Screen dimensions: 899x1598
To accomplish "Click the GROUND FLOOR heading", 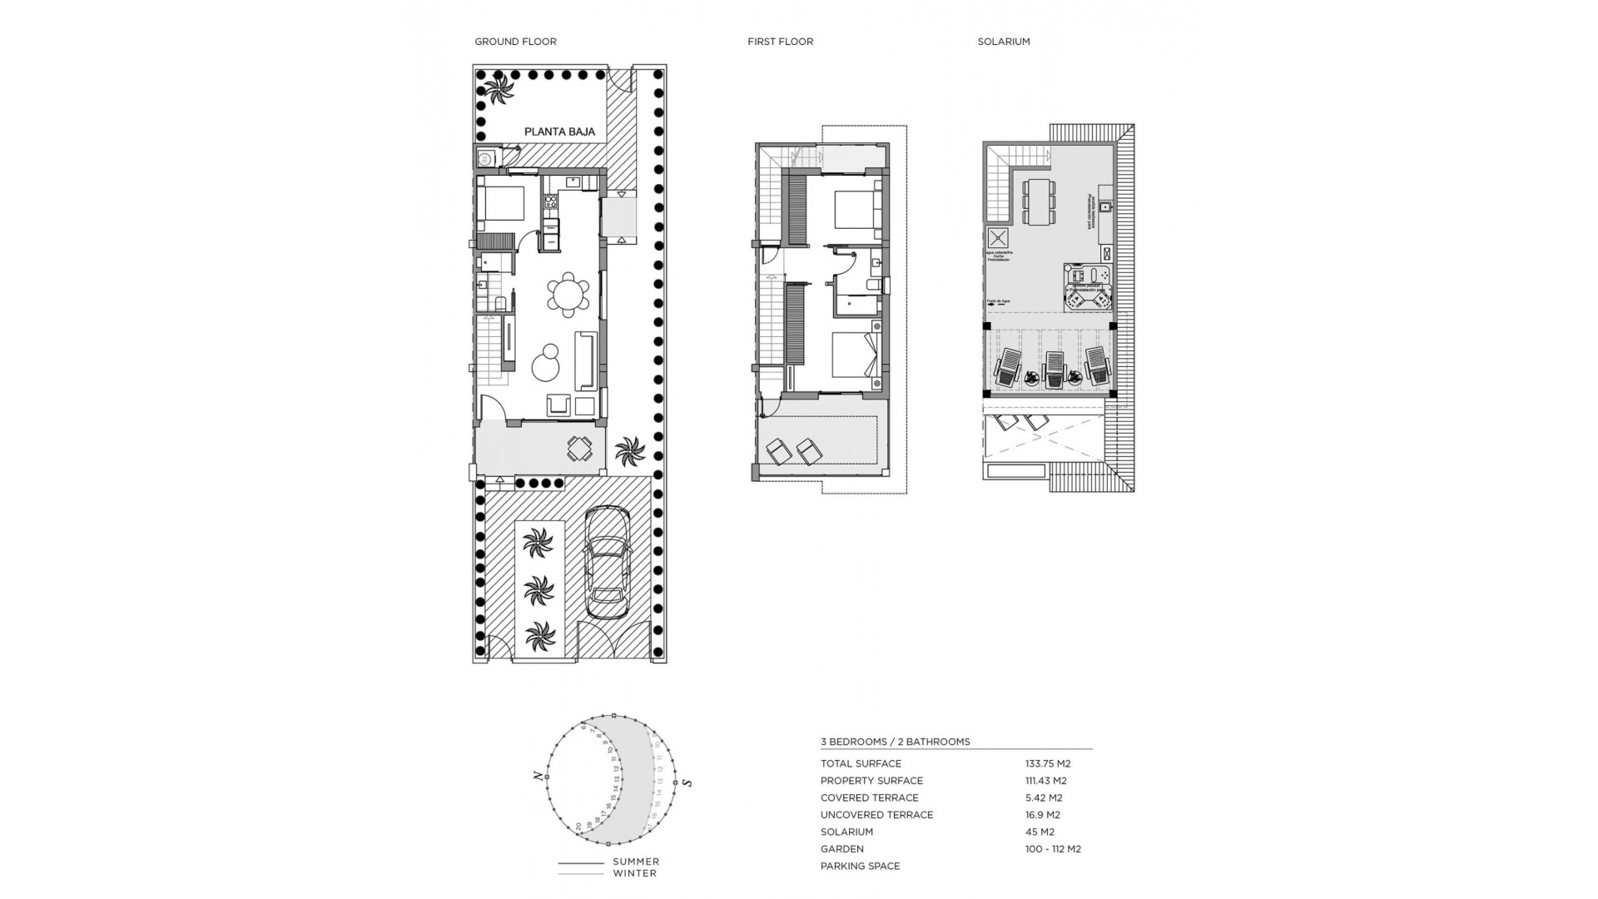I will [515, 42].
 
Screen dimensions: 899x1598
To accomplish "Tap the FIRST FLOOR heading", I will [780, 42].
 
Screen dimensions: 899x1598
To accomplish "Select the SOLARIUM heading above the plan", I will [1003, 42].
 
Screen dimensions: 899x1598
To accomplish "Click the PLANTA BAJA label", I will [559, 132].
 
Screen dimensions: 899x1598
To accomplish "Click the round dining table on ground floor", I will [568, 295].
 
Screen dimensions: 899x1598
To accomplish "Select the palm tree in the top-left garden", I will [499, 89].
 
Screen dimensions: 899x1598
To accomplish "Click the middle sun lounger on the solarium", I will [1055, 367].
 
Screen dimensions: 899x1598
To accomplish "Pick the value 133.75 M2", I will [1047, 763].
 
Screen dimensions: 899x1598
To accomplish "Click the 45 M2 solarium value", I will [1040, 832].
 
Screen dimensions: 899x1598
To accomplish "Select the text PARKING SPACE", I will [860, 866].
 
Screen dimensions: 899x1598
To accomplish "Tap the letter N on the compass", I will [538, 776].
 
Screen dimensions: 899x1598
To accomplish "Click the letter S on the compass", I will [687, 782].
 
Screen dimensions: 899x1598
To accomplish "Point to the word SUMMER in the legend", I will [636, 862].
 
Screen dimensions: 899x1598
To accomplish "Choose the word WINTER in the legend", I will [634, 873].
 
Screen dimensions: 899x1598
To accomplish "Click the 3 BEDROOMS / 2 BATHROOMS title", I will [895, 742].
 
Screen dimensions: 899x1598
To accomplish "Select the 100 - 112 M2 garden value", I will [1053, 849].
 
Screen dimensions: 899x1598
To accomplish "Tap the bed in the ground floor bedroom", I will [501, 203].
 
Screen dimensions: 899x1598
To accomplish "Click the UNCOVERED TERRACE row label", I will [876, 815].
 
